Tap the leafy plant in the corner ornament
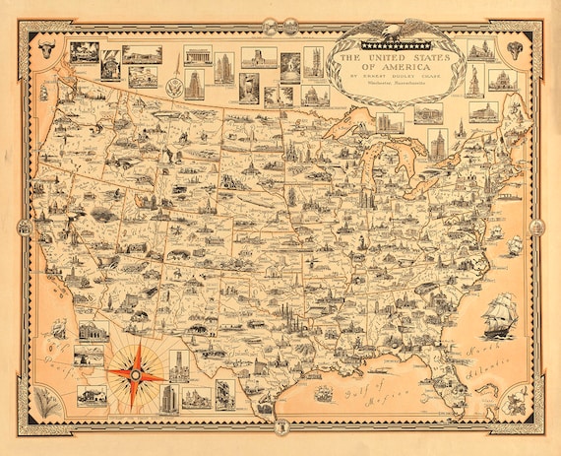(42, 401)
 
